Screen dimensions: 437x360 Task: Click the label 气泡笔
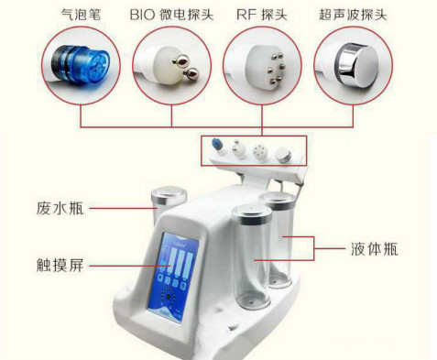pyautogui.click(x=81, y=15)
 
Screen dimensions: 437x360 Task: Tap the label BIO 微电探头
pyautogui.click(x=171, y=15)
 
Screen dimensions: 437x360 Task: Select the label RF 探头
pyautogui.click(x=262, y=15)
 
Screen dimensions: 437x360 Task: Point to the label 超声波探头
pyautogui.click(x=353, y=15)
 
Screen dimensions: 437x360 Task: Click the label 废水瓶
pyautogui.click(x=60, y=208)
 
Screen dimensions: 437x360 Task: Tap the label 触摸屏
pyautogui.click(x=60, y=265)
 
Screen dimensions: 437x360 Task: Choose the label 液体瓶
pyautogui.click(x=375, y=249)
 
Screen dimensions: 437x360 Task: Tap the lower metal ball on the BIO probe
pyautogui.click(x=192, y=74)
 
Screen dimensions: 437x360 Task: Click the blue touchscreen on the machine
pyautogui.click(x=172, y=278)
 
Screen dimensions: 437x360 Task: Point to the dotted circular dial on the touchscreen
pyautogui.click(x=168, y=295)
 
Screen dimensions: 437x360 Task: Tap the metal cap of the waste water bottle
pyautogui.click(x=169, y=195)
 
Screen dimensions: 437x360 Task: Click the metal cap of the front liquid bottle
pyautogui.click(x=252, y=213)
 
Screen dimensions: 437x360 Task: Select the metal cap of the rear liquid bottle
pyautogui.click(x=278, y=200)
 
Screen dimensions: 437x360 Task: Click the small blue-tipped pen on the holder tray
pyautogui.click(x=219, y=146)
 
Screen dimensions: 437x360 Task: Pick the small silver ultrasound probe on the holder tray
pyautogui.click(x=283, y=154)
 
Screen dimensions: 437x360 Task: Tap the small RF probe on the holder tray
pyautogui.click(x=260, y=152)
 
